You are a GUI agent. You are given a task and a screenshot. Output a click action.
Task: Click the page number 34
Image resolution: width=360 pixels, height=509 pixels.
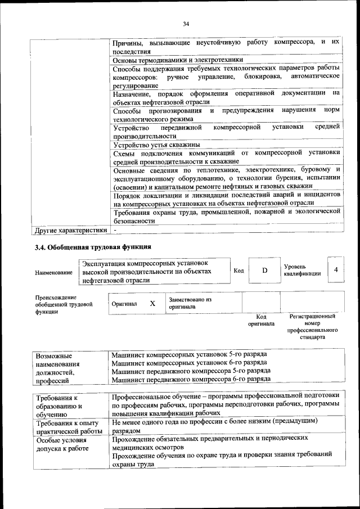186,23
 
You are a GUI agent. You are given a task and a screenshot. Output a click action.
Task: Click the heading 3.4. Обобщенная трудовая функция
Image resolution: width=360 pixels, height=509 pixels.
93,247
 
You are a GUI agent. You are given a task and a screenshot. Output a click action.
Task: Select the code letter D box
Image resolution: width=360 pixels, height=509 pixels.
264,271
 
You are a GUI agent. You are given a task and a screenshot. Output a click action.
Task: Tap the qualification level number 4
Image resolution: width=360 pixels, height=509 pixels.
336,271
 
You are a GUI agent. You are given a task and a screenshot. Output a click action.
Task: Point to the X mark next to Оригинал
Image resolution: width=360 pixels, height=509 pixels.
152,303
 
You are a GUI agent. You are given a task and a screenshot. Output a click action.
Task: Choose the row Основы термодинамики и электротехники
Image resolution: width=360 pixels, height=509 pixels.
178,60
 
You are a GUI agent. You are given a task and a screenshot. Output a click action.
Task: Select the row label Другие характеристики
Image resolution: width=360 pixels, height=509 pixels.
71,229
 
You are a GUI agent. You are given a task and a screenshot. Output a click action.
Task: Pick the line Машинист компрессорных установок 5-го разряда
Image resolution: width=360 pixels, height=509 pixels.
189,355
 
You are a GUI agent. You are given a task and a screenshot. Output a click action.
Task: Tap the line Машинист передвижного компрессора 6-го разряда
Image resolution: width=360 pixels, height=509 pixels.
191,380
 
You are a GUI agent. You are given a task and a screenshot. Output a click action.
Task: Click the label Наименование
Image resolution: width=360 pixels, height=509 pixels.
53,273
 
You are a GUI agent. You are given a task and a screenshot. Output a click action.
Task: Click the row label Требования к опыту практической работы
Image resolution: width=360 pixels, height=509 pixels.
67,427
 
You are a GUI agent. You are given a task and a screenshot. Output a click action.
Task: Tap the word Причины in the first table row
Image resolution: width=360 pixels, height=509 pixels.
127,43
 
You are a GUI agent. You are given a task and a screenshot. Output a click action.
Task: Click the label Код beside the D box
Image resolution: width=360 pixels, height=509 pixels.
238,271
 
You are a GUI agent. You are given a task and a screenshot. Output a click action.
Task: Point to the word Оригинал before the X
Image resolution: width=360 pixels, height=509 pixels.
124,304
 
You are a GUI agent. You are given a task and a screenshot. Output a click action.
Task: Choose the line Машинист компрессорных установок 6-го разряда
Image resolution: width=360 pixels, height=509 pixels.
189,363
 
